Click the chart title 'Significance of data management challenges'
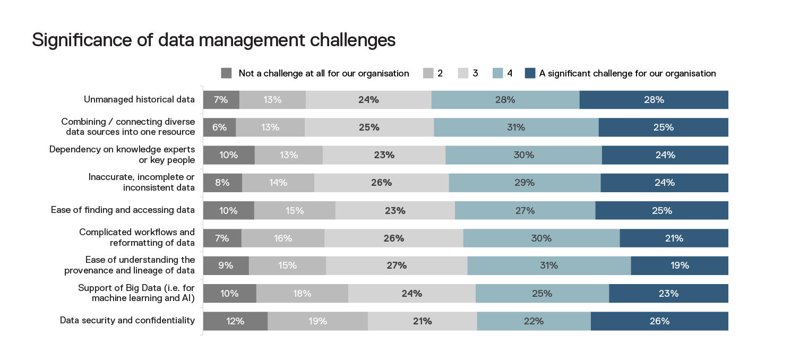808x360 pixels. tap(213, 40)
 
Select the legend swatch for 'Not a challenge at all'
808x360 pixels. tap(227, 73)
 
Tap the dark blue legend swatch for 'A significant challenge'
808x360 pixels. tap(530, 73)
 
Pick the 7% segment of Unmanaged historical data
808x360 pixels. tap(221, 100)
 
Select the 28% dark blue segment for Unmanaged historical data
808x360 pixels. tap(654, 100)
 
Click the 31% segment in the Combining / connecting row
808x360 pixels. tap(516, 127)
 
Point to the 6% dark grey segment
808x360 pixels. tap(220, 127)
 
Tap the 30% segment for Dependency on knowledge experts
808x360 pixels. tap(523, 155)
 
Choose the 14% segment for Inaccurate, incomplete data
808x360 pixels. tap(278, 183)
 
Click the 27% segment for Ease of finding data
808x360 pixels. tap(525, 210)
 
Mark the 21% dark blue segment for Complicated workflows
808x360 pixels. tap(674, 238)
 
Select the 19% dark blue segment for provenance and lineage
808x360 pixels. tap(680, 265)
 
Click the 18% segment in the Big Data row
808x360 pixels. tap(302, 293)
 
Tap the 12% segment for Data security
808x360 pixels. tap(235, 321)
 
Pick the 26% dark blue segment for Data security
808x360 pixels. tap(659, 321)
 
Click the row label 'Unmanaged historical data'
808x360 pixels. tap(139, 99)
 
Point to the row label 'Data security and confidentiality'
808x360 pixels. tap(127, 320)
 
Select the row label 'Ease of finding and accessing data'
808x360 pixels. tap(123, 210)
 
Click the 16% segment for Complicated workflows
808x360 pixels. tap(283, 238)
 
